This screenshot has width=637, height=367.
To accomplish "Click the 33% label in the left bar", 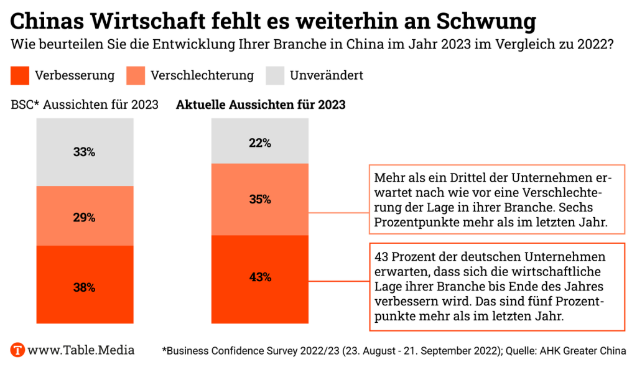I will [84, 152].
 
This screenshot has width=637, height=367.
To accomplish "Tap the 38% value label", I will [84, 287].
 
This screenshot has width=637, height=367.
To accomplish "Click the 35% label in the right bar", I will [259, 200].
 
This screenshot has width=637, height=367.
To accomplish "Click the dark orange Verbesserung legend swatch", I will [20, 76].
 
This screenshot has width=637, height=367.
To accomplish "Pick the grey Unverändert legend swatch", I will [275, 76].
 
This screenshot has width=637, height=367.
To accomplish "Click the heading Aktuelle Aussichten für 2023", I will [261, 105].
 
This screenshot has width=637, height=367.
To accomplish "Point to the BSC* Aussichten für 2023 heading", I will [85, 105].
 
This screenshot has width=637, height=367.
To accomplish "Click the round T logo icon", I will [18, 350].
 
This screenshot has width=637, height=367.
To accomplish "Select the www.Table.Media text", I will [81, 350].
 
